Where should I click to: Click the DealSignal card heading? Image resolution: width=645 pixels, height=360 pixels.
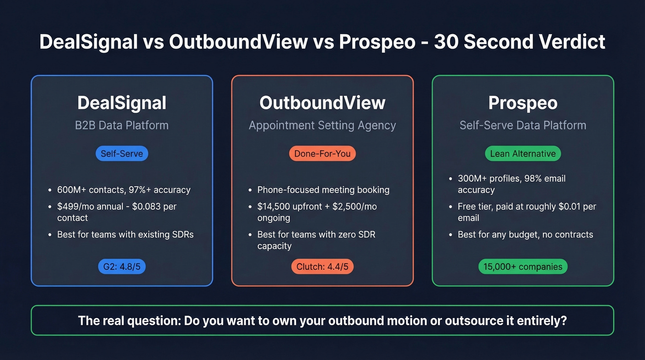coord(122,103)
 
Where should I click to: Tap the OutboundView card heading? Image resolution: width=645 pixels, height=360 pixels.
coord(322,103)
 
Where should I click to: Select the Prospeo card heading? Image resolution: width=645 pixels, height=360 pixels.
coord(522,103)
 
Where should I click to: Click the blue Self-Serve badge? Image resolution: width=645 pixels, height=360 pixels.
coord(122,153)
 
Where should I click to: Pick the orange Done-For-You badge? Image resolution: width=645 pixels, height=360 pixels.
coord(322,153)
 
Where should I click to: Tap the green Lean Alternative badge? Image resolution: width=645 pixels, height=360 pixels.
coord(522,153)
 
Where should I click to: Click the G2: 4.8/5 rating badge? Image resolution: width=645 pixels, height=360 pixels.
coord(122,266)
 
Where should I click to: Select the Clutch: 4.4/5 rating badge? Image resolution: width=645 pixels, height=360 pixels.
coord(322,266)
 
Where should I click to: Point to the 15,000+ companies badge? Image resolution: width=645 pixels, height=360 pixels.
coord(522,266)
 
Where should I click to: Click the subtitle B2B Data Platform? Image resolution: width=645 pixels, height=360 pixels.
coord(122,125)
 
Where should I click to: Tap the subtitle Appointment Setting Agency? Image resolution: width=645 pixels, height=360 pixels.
coord(322,125)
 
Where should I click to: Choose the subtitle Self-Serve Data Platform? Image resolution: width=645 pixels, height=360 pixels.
coord(522,125)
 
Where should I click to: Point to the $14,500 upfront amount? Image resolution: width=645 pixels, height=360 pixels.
coord(276,207)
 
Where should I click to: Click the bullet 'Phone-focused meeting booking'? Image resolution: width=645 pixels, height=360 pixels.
coord(323,190)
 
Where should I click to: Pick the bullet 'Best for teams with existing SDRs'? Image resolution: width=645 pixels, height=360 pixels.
coord(125,235)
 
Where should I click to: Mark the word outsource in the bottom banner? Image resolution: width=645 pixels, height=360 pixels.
coord(470,320)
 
